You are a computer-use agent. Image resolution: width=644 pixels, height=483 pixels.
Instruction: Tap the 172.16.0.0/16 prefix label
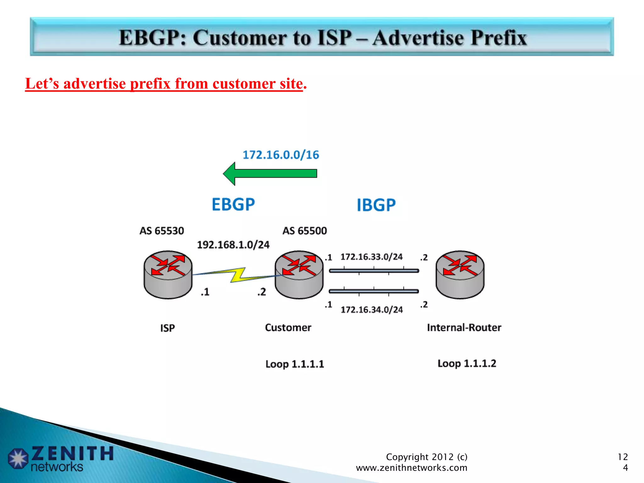click(281, 155)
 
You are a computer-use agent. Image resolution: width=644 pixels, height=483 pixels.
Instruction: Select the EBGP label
click(233, 204)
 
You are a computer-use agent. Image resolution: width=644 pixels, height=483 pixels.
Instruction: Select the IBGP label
click(376, 205)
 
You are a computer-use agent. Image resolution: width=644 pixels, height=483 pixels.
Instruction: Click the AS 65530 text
click(162, 231)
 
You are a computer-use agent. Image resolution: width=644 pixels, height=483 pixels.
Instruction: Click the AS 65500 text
click(304, 231)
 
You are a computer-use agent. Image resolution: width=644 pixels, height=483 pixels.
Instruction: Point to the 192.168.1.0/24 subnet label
click(233, 245)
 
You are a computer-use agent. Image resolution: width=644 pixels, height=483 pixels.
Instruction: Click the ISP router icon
click(168, 275)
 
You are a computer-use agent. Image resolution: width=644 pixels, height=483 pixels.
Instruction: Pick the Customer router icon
click(299, 275)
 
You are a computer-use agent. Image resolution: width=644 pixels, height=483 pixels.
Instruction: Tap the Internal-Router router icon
click(460, 275)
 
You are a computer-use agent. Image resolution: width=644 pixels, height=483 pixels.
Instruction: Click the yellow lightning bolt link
click(238, 275)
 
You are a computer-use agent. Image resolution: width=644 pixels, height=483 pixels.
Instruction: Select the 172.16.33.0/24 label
click(371, 257)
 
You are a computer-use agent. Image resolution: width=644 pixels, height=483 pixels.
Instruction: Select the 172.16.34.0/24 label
click(372, 310)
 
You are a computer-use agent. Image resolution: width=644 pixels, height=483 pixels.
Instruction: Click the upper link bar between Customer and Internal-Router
click(374, 271)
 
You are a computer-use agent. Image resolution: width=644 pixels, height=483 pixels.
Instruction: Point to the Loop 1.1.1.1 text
click(295, 364)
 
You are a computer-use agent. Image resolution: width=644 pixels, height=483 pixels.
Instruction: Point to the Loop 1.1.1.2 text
click(467, 364)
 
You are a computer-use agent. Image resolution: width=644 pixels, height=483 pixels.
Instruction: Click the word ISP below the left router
click(167, 328)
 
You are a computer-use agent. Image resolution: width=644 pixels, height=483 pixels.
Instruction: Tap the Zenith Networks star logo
click(18, 458)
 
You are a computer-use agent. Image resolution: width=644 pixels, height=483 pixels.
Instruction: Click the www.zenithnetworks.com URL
click(411, 468)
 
